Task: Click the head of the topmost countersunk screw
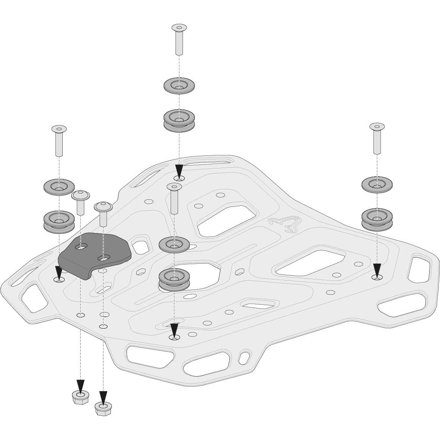pos(179,28)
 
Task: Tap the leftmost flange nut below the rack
pos(80,397)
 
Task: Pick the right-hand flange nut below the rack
pos(103,408)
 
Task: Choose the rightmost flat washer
pos(377,185)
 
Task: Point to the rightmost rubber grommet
pos(377,219)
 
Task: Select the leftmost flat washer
pos(59,186)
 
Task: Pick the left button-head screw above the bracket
pos(80,202)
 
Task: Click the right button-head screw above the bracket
pos(103,213)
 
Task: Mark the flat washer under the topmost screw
pos(179,86)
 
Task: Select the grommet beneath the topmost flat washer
pos(179,120)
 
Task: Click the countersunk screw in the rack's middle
pos(174,198)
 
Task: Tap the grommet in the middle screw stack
pos(174,279)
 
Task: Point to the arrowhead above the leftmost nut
pos(80,385)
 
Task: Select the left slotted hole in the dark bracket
pos(81,247)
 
